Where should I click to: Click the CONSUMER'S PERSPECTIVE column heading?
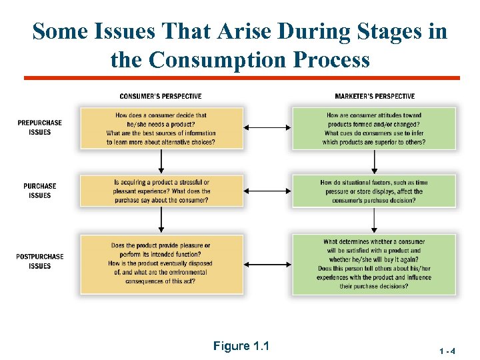point(161,97)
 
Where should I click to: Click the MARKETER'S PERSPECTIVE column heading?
point(375,97)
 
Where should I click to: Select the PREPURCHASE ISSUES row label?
point(40,127)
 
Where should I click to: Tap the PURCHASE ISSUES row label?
point(40,191)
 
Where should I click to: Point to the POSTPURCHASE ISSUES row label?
point(40,261)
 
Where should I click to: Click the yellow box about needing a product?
point(161,128)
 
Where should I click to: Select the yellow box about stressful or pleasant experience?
point(161,191)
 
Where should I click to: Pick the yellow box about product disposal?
point(161,263)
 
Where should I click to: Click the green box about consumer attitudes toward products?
point(374,128)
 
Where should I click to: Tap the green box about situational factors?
point(374,191)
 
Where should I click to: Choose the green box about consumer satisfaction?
point(374,263)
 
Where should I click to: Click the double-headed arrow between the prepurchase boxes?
point(268,128)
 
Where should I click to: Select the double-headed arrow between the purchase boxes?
point(268,191)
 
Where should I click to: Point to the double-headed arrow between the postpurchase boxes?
point(268,263)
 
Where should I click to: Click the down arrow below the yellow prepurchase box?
point(161,161)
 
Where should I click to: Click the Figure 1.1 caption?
point(241,345)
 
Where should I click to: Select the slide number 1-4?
point(447,350)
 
